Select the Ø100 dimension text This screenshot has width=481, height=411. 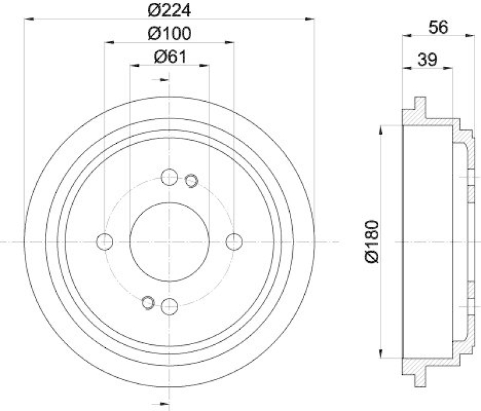pos(169,33)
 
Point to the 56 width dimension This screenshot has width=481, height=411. pos(438,27)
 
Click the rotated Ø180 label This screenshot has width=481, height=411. pos(370,241)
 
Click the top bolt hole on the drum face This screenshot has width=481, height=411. pos(170,177)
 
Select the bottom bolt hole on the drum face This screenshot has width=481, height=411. pos(170,306)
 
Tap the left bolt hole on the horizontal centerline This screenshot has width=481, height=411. pos(105,241)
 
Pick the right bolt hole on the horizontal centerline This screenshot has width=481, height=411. pos(234,241)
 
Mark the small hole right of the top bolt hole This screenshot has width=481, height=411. pos(191,180)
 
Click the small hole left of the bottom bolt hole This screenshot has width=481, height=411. pos(147,303)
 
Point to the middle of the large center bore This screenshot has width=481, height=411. pos(170,241)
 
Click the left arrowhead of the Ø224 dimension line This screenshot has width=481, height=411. pos(28,19)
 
